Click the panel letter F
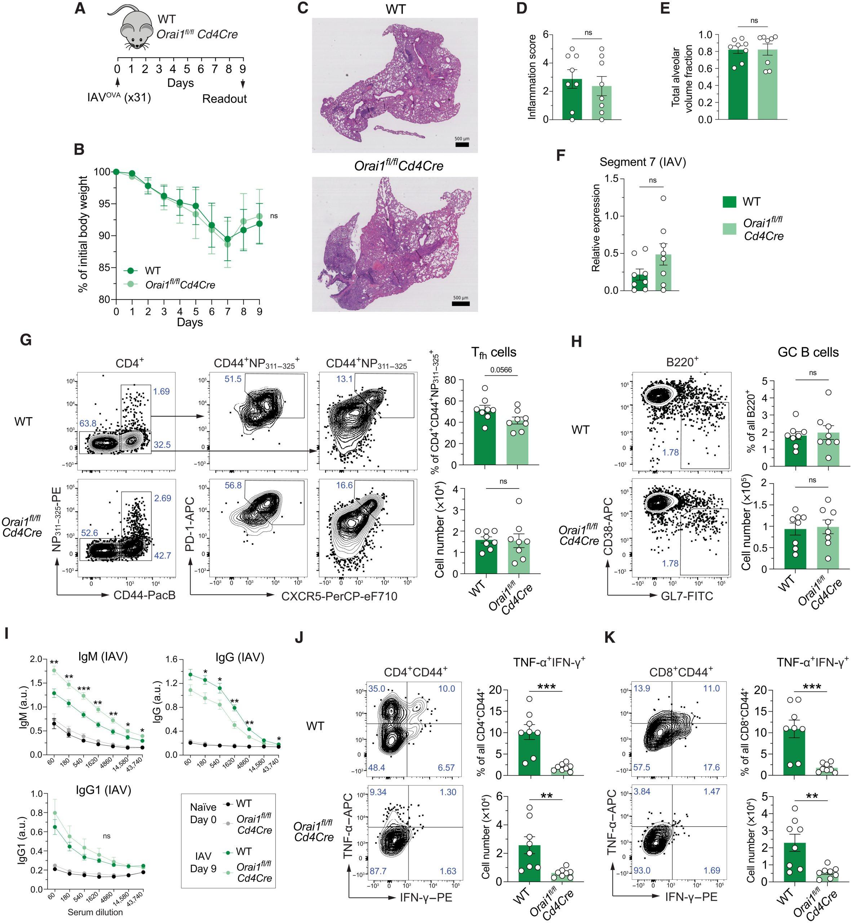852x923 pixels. [x=561, y=155]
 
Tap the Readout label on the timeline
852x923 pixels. [x=225, y=99]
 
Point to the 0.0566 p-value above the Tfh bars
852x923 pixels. [x=501, y=370]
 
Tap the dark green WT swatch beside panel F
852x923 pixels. [x=729, y=202]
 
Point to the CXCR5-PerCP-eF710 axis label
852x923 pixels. [x=340, y=596]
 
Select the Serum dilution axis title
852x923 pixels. [x=96, y=912]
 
